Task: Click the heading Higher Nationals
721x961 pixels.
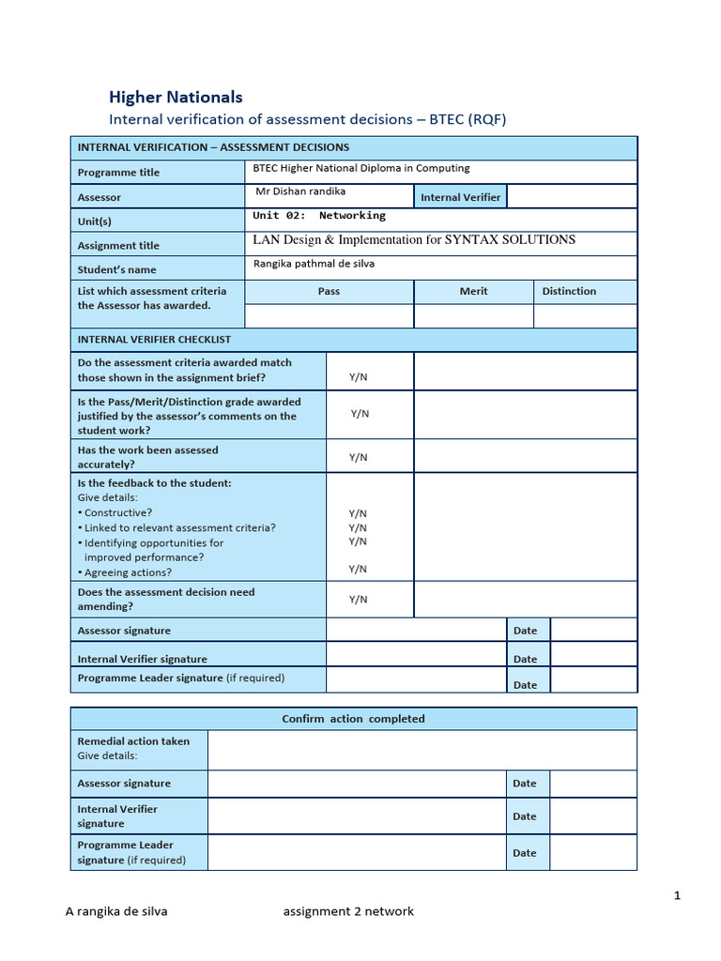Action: [x=176, y=97]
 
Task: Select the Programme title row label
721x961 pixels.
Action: [x=118, y=173]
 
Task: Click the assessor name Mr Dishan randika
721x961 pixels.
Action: [x=300, y=191]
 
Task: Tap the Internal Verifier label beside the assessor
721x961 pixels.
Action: [x=460, y=197]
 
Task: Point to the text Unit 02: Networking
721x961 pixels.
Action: [x=319, y=216]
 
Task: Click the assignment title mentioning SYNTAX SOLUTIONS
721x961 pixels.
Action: [x=414, y=240]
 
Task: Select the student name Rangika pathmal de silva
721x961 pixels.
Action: [x=314, y=264]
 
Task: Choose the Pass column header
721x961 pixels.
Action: [x=329, y=291]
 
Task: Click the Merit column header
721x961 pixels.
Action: [x=473, y=291]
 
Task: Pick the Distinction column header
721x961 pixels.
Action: [x=569, y=291]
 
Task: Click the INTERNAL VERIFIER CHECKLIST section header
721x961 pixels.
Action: [x=154, y=339]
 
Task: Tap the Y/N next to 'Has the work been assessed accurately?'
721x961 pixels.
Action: [x=359, y=457]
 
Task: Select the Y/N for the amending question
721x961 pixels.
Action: [x=359, y=599]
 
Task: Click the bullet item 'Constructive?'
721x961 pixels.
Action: [x=117, y=513]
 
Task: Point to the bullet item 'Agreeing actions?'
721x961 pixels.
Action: [x=128, y=572]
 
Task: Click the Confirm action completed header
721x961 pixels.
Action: [x=353, y=719]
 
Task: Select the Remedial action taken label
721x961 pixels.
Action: [x=133, y=741]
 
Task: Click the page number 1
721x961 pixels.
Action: [x=677, y=896]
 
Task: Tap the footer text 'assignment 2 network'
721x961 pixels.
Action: [x=347, y=911]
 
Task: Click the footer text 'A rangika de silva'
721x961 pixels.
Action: [x=116, y=911]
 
